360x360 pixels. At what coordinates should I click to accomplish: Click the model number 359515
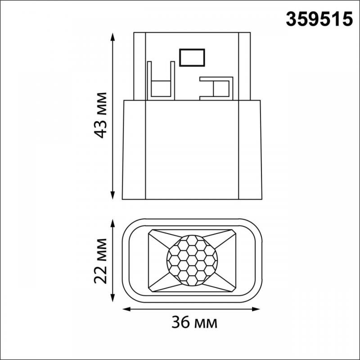(319, 19)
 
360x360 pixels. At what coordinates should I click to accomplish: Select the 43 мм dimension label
(100, 115)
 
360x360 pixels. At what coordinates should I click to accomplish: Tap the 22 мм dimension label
(100, 261)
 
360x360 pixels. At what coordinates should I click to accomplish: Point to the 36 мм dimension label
(194, 322)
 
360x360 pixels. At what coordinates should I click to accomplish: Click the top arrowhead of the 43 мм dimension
(112, 37)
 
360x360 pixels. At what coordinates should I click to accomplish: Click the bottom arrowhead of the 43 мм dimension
(112, 195)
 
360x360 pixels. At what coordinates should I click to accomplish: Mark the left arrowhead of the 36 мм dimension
(127, 309)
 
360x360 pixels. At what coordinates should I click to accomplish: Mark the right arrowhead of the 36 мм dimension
(256, 309)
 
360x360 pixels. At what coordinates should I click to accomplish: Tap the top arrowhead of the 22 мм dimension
(112, 224)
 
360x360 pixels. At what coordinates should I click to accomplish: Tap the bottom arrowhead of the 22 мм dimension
(112, 298)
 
